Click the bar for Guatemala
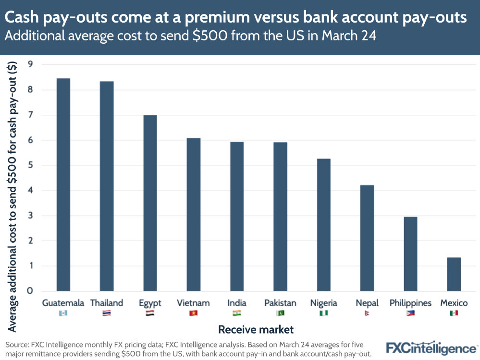point(63,185)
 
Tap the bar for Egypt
point(150,203)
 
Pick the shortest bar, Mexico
point(454,274)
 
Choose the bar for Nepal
point(367,238)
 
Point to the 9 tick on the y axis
point(30,65)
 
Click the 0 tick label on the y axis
point(30,291)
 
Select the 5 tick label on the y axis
point(30,165)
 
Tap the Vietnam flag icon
point(193,313)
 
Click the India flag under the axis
point(237,313)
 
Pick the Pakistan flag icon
point(280,313)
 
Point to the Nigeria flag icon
point(323,313)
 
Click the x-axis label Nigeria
point(323,303)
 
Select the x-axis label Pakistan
point(280,303)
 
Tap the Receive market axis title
point(256,330)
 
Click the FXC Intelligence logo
point(431,348)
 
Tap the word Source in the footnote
point(17,345)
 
